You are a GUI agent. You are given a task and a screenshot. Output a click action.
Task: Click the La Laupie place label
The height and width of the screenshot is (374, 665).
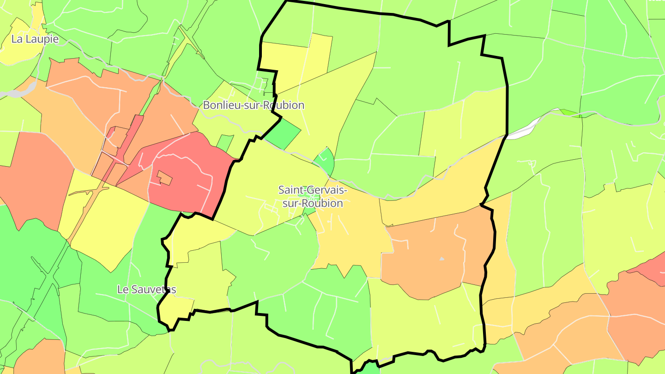[35, 39]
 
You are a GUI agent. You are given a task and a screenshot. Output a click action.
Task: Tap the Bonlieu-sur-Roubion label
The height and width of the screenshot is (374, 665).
[254, 105]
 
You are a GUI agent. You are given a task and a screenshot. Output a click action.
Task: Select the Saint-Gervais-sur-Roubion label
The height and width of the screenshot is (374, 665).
[313, 196]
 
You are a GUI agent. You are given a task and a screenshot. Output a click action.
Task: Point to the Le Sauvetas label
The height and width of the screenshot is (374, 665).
[146, 290]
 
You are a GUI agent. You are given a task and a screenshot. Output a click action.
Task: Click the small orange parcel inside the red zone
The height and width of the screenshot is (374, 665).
[164, 177]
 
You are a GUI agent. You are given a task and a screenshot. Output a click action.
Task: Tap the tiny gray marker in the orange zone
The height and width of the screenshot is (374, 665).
[441, 259]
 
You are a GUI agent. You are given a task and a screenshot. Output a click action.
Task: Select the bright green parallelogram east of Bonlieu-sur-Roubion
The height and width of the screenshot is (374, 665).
[283, 133]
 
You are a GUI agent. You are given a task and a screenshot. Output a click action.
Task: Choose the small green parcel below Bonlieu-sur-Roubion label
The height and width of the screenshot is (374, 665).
[225, 142]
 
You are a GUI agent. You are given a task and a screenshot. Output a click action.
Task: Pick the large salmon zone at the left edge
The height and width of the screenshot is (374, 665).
[32, 180]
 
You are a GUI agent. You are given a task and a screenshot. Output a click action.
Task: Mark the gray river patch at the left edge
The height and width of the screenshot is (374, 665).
[8, 94]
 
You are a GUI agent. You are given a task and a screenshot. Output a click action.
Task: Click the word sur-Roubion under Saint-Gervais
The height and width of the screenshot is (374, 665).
[313, 203]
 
